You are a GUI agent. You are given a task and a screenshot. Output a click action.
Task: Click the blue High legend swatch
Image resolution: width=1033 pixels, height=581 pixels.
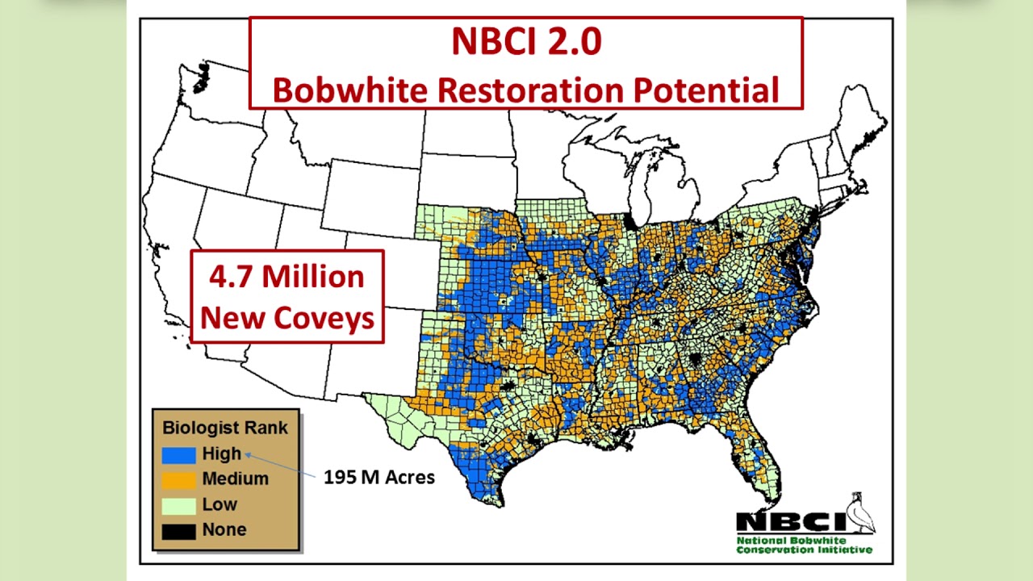(x=178, y=454)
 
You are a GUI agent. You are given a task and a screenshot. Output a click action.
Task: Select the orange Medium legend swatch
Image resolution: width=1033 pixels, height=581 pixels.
(x=178, y=480)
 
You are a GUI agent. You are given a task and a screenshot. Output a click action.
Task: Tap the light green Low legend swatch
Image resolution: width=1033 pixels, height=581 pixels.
(x=178, y=506)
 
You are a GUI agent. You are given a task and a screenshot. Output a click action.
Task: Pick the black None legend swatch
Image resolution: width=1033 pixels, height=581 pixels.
(x=178, y=532)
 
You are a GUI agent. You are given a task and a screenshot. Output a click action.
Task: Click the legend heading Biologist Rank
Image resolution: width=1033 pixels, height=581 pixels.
(x=225, y=428)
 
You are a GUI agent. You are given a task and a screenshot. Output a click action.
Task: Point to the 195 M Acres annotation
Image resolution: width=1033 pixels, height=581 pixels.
(x=378, y=477)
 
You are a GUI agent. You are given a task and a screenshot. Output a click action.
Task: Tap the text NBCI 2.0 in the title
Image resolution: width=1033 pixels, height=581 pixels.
(x=525, y=42)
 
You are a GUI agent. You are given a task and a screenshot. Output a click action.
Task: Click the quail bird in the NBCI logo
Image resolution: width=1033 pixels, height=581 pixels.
(x=862, y=513)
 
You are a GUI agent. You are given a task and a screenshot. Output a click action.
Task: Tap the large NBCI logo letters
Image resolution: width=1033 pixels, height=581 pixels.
(x=790, y=521)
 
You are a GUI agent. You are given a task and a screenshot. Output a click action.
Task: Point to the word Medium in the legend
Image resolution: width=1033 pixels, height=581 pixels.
(x=235, y=479)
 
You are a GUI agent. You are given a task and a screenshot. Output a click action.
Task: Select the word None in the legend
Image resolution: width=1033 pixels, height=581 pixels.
(x=224, y=530)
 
